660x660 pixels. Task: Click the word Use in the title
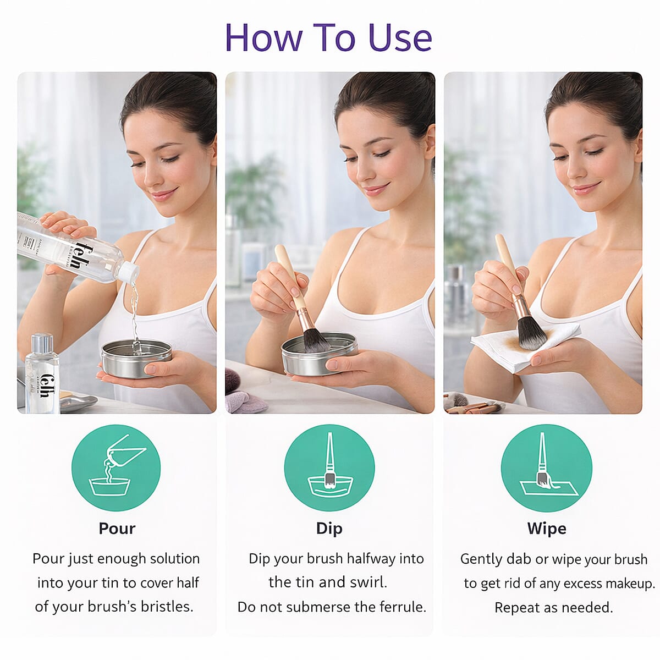tap(400, 37)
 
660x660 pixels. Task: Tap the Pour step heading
tap(117, 529)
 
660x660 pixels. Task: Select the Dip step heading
tap(329, 529)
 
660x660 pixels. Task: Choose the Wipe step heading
tap(546, 529)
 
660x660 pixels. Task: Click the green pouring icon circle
tap(116, 468)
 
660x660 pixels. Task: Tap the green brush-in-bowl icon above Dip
tap(329, 468)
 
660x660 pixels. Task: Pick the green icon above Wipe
tap(546, 468)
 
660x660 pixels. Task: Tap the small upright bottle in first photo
tap(42, 374)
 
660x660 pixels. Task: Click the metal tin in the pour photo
tap(136, 359)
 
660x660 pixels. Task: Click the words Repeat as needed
tap(553, 608)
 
